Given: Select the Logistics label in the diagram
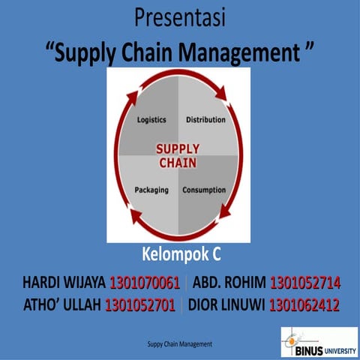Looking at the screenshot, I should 151,120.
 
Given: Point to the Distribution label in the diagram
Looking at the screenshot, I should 205,120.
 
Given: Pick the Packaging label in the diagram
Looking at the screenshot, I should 151,190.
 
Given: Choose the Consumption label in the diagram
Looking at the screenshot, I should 204,190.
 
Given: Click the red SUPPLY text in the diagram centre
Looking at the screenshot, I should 178,148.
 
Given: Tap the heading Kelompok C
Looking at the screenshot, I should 181,253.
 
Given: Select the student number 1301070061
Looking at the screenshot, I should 145,283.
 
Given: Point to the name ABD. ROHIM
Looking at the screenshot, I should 229,283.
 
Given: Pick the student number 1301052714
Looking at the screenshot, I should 305,283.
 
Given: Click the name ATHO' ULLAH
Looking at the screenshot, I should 63,305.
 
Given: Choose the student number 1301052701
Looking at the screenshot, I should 140,305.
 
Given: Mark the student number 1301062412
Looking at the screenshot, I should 304,305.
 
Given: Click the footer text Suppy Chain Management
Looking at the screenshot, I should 180,343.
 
